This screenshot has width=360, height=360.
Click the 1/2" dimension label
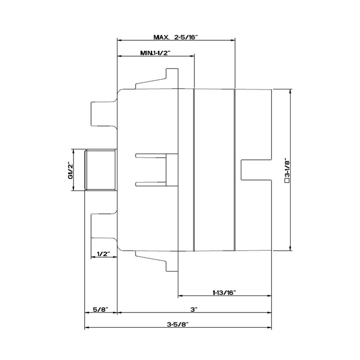[103, 254]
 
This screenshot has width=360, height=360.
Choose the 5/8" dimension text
[100, 310]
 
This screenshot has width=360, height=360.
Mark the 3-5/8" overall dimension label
[177, 324]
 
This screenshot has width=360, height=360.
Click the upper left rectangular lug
[102, 114]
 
